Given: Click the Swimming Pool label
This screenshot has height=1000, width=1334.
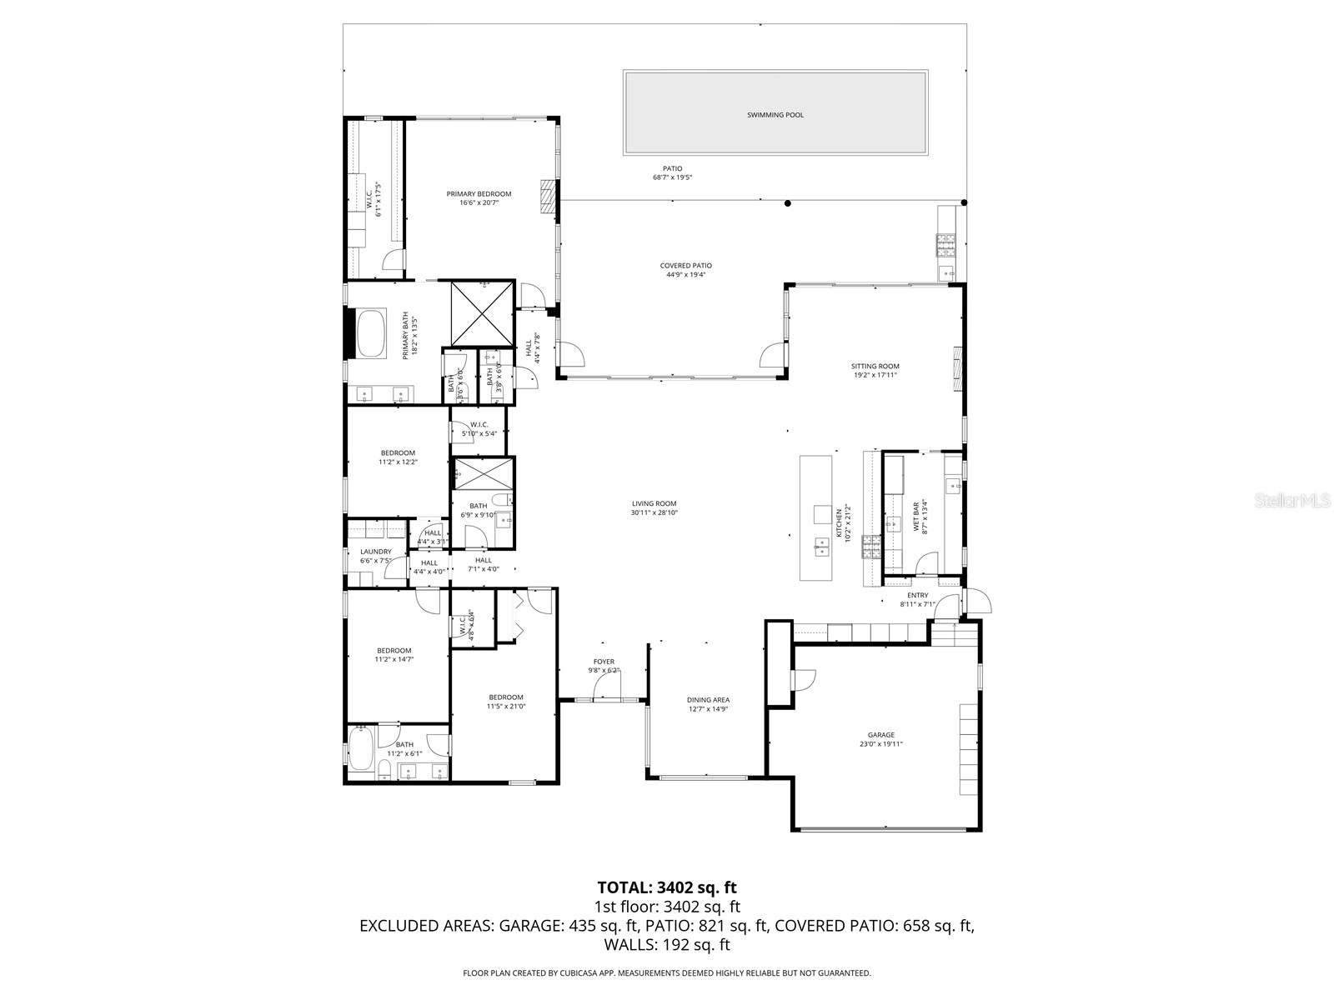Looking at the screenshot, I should tap(775, 115).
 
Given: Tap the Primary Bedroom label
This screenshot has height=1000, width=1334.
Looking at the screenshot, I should tap(479, 194).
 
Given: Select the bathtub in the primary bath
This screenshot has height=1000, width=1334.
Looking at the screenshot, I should tap(371, 334).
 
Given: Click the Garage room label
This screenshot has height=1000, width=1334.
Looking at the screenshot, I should tap(880, 735).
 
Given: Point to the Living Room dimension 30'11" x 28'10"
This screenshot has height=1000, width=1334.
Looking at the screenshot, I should tap(654, 513).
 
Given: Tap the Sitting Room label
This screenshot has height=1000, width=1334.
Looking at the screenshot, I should tap(875, 366).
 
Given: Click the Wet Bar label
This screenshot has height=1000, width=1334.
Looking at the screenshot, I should tap(915, 517).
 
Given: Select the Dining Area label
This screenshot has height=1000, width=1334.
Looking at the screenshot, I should tap(708, 700).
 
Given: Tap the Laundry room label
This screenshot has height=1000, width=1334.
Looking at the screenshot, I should tap(376, 552).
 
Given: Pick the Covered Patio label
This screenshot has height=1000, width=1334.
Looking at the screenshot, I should tap(685, 266).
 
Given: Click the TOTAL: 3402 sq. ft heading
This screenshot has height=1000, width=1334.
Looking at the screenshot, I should tap(667, 887).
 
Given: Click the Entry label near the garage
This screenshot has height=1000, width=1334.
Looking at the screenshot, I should tap(917, 595).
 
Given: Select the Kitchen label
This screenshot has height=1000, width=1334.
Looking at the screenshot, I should tap(840, 523).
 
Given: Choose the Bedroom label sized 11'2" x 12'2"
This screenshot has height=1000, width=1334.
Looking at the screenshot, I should tap(398, 453).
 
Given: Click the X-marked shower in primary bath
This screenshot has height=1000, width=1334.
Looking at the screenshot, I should tap(480, 314).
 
